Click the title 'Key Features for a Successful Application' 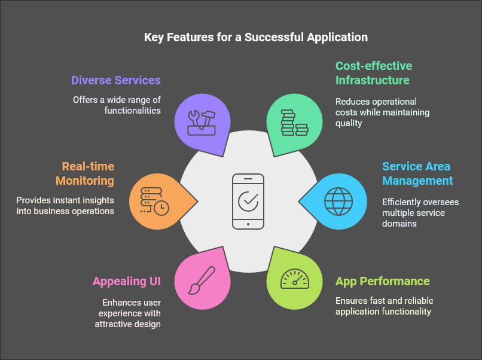click(x=255, y=37)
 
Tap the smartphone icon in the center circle click(x=248, y=201)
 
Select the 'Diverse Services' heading click(x=116, y=80)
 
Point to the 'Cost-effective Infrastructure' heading click(x=373, y=73)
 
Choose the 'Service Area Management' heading click(x=417, y=173)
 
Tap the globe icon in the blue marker click(x=338, y=201)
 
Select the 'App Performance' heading click(x=383, y=281)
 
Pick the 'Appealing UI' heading click(x=127, y=281)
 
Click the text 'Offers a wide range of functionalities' click(x=117, y=105)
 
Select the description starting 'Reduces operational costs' click(x=382, y=112)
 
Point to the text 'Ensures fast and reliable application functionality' click(x=385, y=306)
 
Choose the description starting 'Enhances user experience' click(x=127, y=313)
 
